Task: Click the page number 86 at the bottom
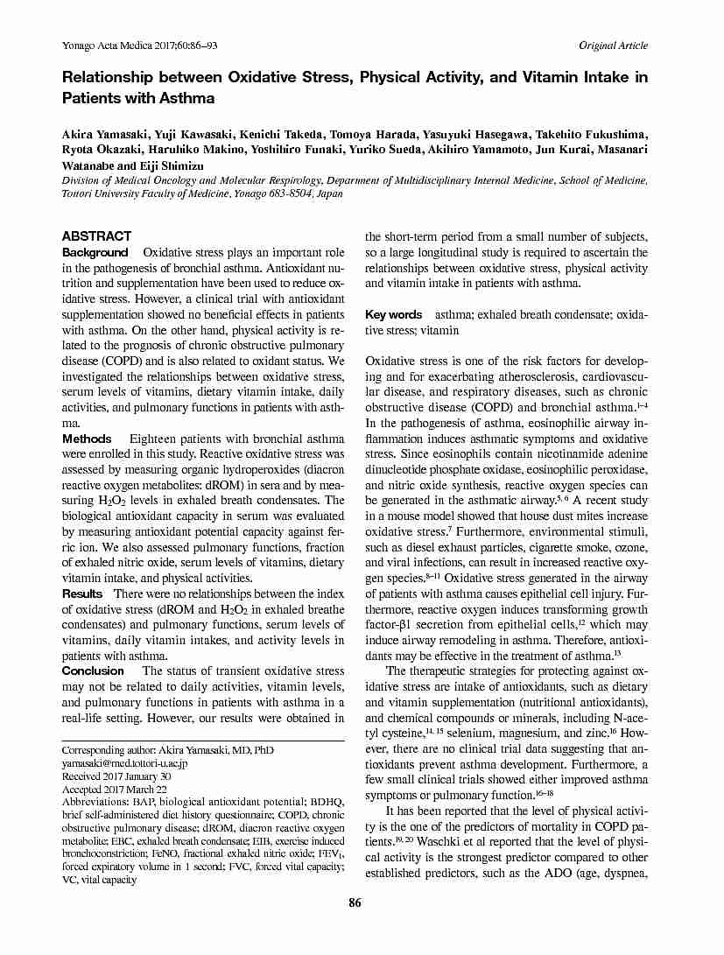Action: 355,903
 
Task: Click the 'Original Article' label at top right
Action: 613,46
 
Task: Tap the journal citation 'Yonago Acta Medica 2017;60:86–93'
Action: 139,46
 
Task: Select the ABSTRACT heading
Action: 96,236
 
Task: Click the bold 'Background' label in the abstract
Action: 95,253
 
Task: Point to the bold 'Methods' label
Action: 87,438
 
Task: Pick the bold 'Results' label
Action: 82,594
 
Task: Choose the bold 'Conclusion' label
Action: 92,671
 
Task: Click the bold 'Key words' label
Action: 393,314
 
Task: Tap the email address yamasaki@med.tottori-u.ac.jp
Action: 124,763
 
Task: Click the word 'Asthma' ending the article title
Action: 186,98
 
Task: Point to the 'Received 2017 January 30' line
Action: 116,776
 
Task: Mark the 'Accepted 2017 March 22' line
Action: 114,790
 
